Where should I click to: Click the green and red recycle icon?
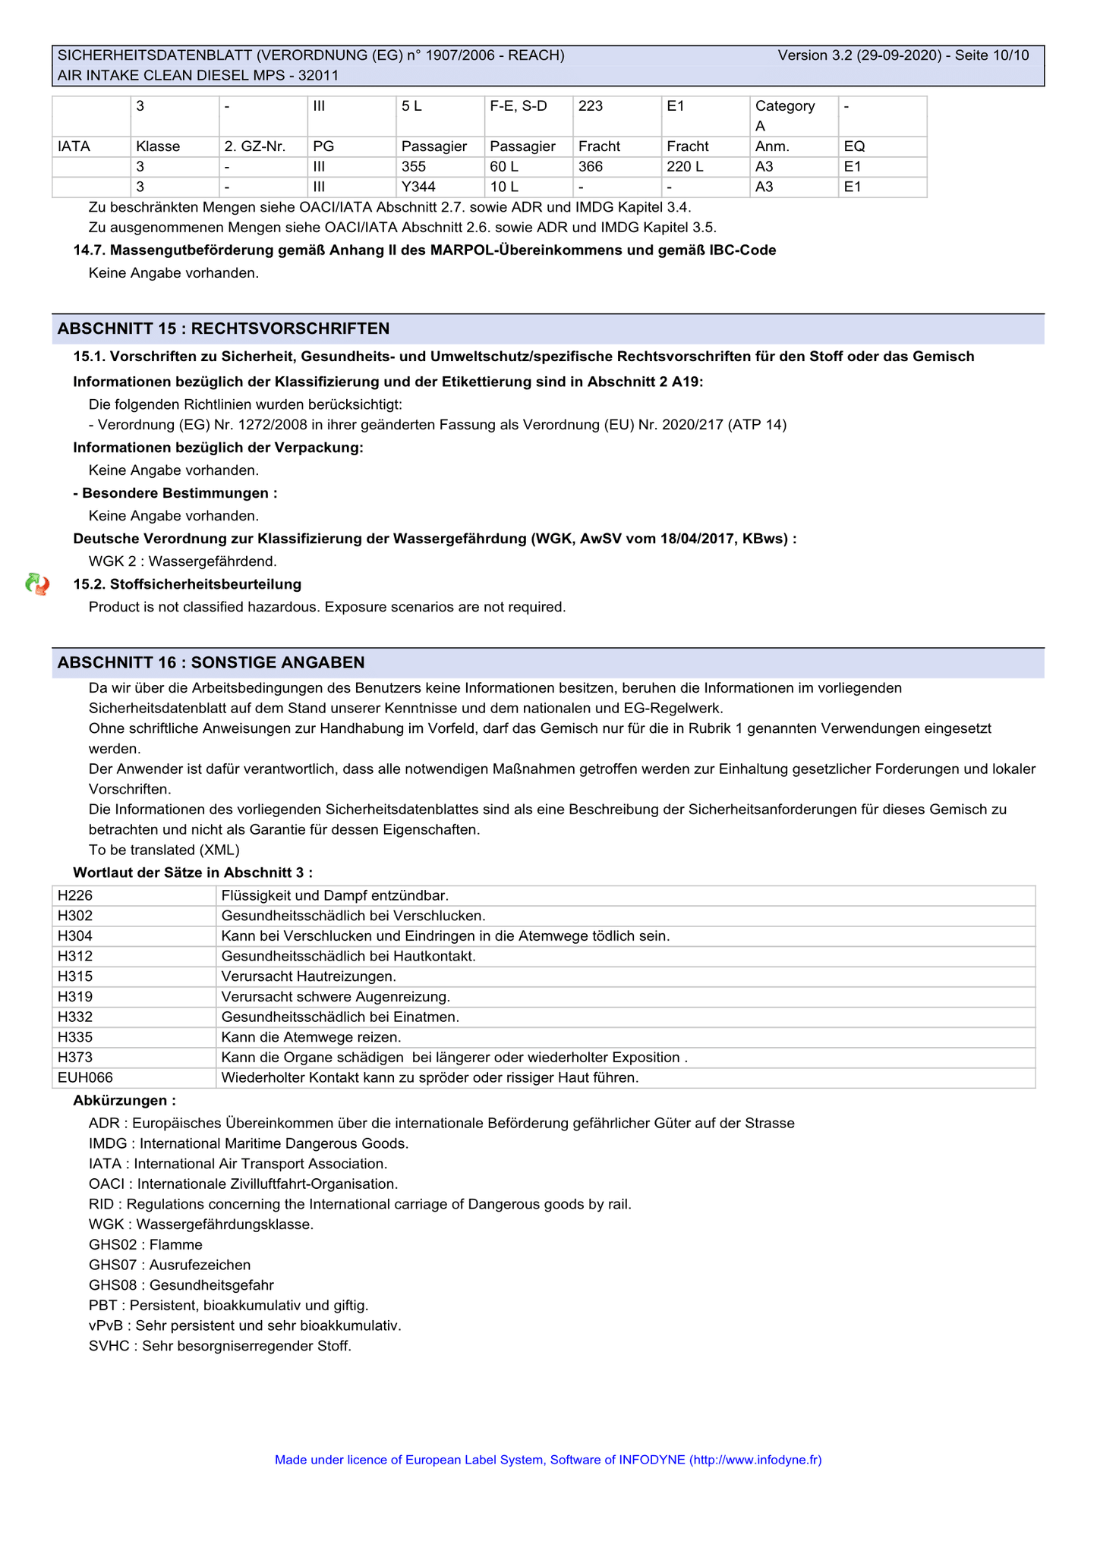click(x=37, y=584)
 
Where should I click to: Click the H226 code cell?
click(x=75, y=896)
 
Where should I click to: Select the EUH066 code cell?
click(x=85, y=1077)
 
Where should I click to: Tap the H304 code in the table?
click(x=75, y=936)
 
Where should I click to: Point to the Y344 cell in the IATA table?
click(x=418, y=187)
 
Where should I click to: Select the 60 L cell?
click(x=504, y=166)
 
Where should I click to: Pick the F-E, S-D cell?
click(x=519, y=106)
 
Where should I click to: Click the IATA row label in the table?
click(x=74, y=146)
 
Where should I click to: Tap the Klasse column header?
click(x=158, y=146)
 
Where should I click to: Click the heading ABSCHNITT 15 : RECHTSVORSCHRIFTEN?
click(x=224, y=329)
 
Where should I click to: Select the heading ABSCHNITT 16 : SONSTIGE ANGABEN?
click(x=211, y=662)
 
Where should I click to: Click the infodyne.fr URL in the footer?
click(x=755, y=1460)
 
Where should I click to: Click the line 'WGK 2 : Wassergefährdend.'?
click(x=183, y=561)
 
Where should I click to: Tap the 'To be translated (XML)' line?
click(x=164, y=850)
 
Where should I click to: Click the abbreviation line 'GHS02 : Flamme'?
click(x=146, y=1244)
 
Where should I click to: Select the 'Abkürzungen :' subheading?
click(x=125, y=1100)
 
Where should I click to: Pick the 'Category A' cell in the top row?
click(x=785, y=115)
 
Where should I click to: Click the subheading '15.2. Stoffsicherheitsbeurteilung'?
click(x=188, y=584)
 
